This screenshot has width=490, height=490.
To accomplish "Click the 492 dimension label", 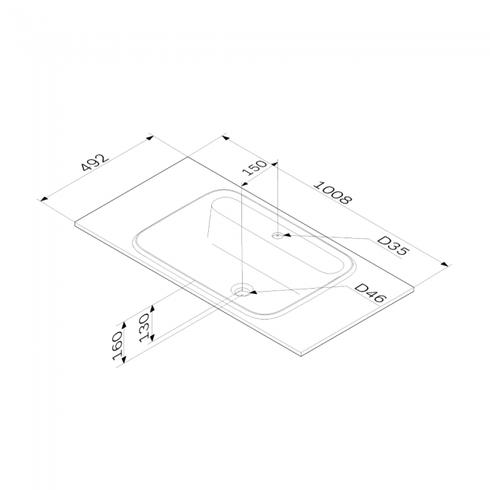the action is (95, 163).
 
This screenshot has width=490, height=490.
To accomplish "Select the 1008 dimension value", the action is (332, 193).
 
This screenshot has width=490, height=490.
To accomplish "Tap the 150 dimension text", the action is (255, 168).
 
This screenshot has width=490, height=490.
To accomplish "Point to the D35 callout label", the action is (393, 245).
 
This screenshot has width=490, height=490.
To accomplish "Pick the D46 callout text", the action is (371, 292).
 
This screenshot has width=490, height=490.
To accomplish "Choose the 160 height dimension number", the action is (118, 345).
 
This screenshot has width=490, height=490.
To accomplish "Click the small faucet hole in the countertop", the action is (277, 235).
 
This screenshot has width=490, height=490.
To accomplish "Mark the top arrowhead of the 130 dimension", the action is (152, 309).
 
